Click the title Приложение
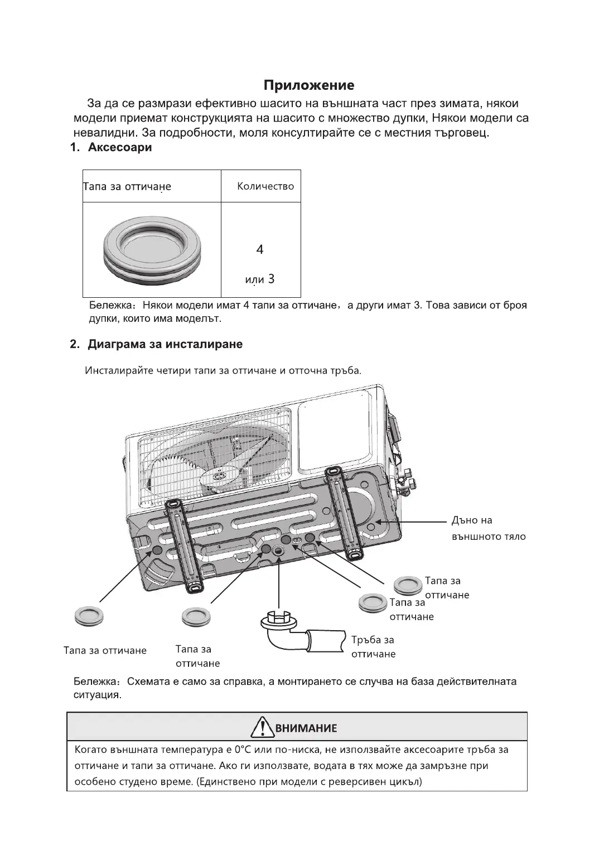[x=308, y=85]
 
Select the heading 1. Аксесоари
[x=110, y=148]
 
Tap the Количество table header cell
[x=265, y=186]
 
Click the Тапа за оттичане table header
[x=127, y=187]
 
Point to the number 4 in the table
[x=260, y=249]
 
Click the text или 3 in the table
[x=260, y=279]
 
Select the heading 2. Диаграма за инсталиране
[x=156, y=344]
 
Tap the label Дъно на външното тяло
[x=488, y=529]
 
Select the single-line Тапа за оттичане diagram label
[x=105, y=650]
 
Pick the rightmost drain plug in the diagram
[x=408, y=586]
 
